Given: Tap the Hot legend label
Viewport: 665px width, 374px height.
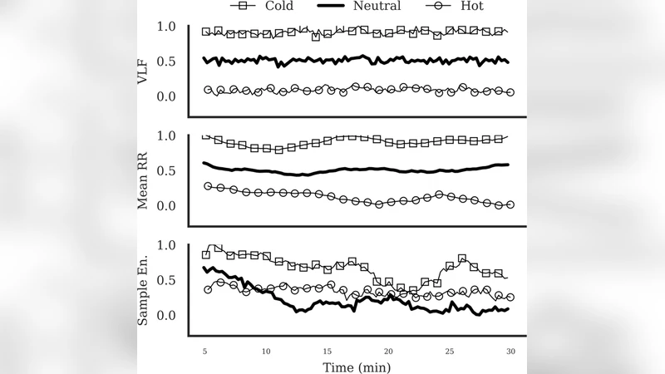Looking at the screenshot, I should click(x=467, y=7).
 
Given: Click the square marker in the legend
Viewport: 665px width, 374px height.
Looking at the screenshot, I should click(x=220, y=7).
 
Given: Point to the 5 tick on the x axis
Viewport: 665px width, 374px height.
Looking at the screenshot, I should click(x=205, y=352).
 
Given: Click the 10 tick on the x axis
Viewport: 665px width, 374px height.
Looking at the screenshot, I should click(x=266, y=352).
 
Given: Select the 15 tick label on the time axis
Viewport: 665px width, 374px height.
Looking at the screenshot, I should click(x=328, y=352).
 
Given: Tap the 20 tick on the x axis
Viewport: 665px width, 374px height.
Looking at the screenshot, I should click(x=388, y=352).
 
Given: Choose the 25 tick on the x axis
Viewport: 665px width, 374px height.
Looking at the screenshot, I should click(x=450, y=352).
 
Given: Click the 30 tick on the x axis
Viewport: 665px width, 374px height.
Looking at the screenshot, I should click(x=510, y=352).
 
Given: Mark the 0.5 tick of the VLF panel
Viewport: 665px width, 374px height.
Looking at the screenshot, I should click(x=166, y=62).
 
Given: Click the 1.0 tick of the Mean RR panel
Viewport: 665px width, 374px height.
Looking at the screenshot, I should click(x=166, y=135).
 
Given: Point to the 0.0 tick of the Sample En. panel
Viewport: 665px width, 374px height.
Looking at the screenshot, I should click(x=166, y=315).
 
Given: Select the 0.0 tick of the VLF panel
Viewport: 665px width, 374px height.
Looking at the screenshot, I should click(x=166, y=96).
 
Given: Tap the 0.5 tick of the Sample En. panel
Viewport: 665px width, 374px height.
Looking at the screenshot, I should click(x=166, y=280).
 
